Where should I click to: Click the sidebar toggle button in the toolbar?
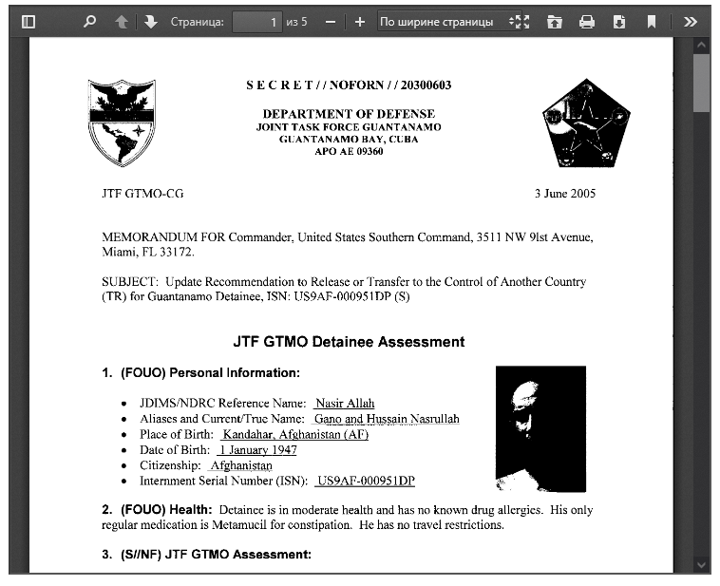point(28,21)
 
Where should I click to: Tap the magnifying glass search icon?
point(89,21)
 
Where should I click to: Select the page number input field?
point(256,21)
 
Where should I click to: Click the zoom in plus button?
point(359,21)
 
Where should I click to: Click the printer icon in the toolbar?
point(587,21)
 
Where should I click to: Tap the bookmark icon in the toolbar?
point(652,21)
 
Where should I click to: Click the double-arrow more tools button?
point(691,21)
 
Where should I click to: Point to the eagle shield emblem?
point(121,122)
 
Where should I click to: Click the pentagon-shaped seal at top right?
point(586,123)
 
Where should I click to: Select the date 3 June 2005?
point(565,194)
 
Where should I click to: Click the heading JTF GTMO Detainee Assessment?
point(349,341)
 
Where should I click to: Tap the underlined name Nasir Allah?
point(345,404)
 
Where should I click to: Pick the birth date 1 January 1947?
point(257,450)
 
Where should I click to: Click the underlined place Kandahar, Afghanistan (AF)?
point(295,434)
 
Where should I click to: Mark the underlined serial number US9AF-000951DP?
point(367,481)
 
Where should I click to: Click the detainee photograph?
point(540,428)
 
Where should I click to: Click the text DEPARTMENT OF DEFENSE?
point(349,114)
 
